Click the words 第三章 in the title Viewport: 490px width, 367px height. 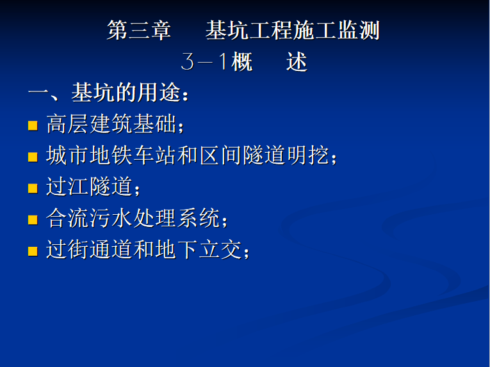[139, 30]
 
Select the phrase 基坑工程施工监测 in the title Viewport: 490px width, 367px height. [293, 30]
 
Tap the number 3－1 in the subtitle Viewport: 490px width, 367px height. [204, 61]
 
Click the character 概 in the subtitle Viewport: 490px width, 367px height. [242, 61]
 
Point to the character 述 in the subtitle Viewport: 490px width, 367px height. [297, 61]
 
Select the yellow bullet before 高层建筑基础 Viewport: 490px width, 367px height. [33, 125]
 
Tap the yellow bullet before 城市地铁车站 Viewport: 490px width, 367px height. [33, 157]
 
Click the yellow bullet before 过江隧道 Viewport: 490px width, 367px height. [33, 189]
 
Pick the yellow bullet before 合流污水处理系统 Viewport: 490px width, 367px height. [33, 220]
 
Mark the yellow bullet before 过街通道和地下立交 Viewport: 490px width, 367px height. [33, 251]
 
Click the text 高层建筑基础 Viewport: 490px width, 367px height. [111, 124]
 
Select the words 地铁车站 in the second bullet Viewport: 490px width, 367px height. [133, 155]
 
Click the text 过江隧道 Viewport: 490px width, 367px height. [90, 187]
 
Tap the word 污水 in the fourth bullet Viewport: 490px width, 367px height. [111, 218]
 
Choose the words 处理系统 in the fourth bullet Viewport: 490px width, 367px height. [177, 218]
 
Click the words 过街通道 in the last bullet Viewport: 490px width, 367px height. [90, 250]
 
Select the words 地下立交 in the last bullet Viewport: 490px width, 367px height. [199, 250]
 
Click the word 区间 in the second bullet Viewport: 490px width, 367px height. [220, 155]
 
